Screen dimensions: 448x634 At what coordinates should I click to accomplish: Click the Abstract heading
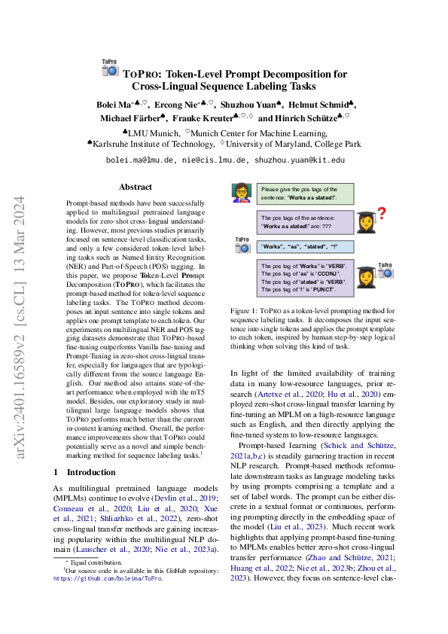(x=135, y=187)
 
